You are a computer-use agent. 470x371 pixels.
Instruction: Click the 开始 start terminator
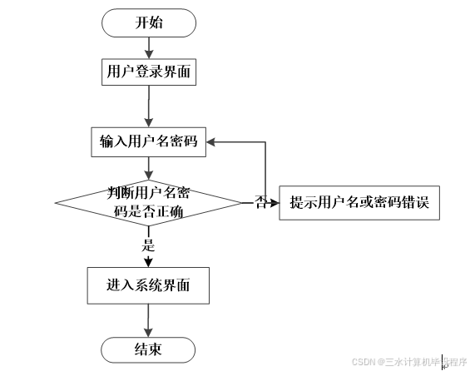149,22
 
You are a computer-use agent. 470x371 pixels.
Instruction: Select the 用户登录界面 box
149,72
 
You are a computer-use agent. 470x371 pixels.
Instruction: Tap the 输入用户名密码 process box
149,141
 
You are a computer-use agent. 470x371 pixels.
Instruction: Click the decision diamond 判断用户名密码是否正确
149,202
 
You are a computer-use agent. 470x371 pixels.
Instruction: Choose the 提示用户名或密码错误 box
359,202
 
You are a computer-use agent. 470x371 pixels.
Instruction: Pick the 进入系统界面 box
148,285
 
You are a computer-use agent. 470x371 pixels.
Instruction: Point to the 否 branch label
260,202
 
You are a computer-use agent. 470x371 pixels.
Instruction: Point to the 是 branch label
149,245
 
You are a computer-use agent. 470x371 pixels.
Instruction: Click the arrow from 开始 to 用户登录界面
149,47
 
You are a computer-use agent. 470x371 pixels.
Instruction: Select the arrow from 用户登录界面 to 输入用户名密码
149,106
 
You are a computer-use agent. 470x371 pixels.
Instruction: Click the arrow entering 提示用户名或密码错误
273,202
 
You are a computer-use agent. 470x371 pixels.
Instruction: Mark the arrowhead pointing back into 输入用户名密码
213,142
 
